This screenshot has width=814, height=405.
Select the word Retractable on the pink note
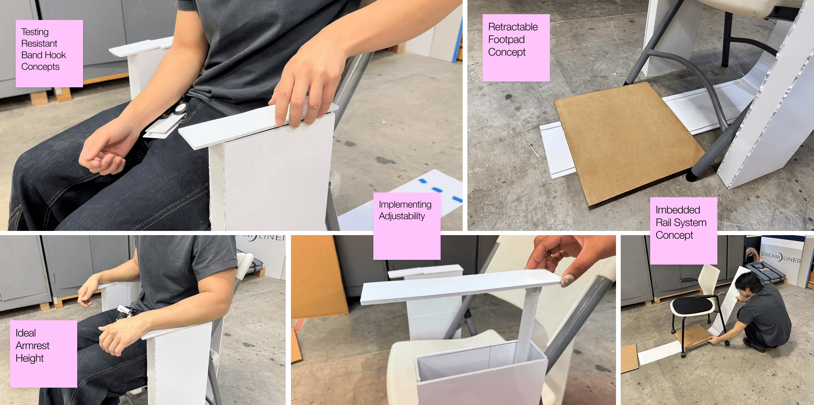pyautogui.click(x=513, y=27)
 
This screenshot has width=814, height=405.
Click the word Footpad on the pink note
pyautogui.click(x=506, y=39)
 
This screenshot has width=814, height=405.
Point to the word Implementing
pyautogui.click(x=405, y=205)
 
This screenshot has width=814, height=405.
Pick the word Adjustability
pyautogui.click(x=402, y=216)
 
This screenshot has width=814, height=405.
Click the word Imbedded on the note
pyautogui.click(x=678, y=210)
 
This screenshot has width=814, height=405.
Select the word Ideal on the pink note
pyautogui.click(x=25, y=333)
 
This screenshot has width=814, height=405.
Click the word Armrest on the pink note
pyautogui.click(x=32, y=346)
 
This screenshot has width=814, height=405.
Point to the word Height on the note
pyautogui.click(x=29, y=358)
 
